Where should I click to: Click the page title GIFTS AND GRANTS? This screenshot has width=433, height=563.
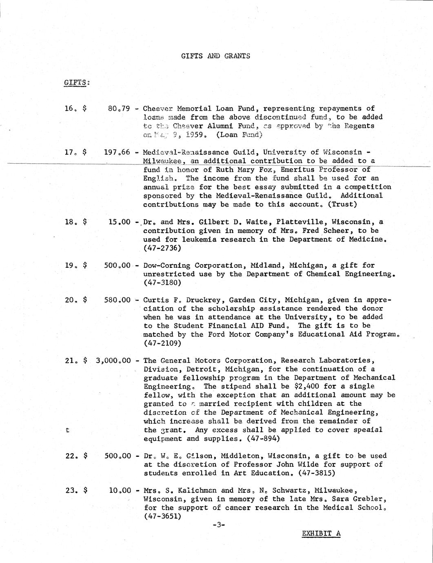pos(215,56)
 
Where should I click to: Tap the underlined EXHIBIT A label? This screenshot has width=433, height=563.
pos(321,533)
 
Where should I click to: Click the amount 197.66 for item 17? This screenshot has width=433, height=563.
pos(117,152)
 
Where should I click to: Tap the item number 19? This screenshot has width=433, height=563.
pos(69,265)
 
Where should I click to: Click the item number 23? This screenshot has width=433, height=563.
pos(70,490)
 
